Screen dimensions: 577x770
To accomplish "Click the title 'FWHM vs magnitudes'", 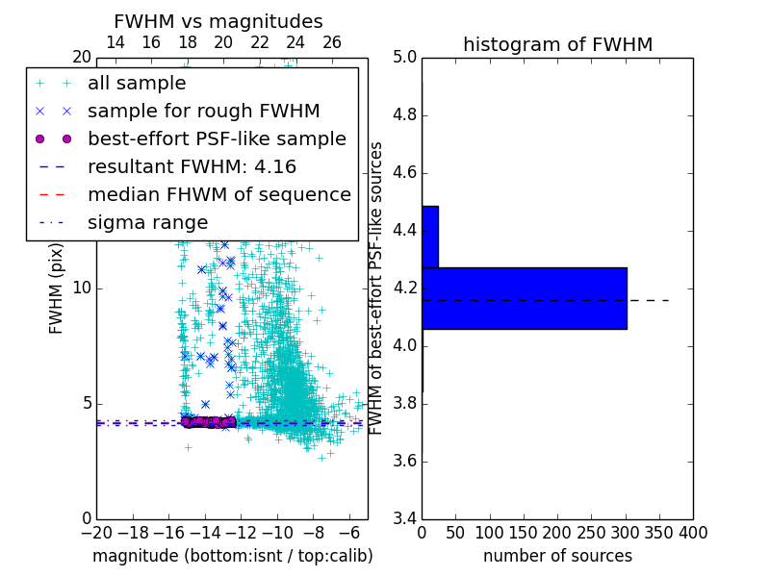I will point(218,21).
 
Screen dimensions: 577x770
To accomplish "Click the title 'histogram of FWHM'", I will point(557,44).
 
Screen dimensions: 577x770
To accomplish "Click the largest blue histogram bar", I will point(524,298).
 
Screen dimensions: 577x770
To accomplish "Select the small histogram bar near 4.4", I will point(430,237).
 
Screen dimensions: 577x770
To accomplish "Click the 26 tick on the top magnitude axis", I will point(331,42).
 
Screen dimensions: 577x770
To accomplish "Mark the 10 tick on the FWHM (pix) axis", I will point(81,288).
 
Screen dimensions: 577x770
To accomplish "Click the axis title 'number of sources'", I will point(557,556).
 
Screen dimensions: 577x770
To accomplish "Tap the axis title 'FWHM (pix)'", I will point(56,288).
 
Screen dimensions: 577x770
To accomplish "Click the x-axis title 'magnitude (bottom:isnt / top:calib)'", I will point(232,556).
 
